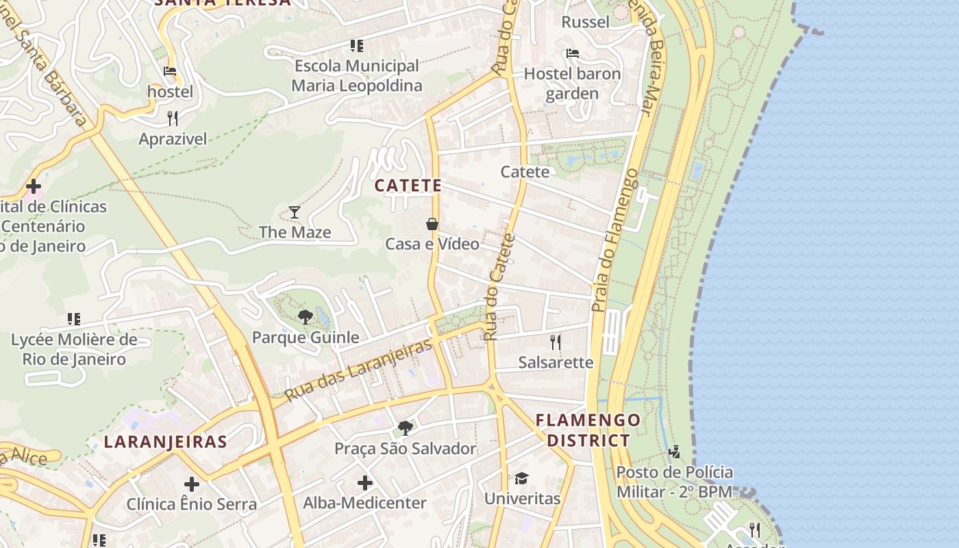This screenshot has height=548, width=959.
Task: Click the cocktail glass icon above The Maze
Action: pos(295,212)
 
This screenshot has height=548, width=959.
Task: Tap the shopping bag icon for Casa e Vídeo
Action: pos(432,224)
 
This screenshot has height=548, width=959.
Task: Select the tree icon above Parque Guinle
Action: pos(306,317)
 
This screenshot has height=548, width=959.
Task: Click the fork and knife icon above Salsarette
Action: pos(556,342)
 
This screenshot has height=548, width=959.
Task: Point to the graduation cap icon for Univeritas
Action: pos(522,478)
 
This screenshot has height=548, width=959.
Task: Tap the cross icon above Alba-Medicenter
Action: pos(365,483)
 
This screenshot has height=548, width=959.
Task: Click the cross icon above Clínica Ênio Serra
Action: pos(192,484)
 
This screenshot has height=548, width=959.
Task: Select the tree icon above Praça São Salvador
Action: pos(405,428)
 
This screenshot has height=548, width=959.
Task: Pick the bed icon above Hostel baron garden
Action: pos(573,53)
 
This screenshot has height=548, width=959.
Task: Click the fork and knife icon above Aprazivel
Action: pos(173,119)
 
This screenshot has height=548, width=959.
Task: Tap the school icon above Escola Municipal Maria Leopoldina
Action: pos(356,46)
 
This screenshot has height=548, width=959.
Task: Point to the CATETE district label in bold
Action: pos(408,186)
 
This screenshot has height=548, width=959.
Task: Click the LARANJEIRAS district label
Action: pos(165,442)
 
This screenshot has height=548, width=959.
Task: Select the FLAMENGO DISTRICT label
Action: pos(588,429)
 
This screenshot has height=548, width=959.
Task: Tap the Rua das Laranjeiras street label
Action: pos(359,371)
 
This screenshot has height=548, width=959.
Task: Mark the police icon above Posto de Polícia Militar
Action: pos(675,451)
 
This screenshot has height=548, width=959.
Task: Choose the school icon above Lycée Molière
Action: pos(74,319)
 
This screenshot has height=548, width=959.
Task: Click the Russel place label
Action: pos(585,22)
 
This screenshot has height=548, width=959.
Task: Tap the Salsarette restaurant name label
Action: pos(556,362)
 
